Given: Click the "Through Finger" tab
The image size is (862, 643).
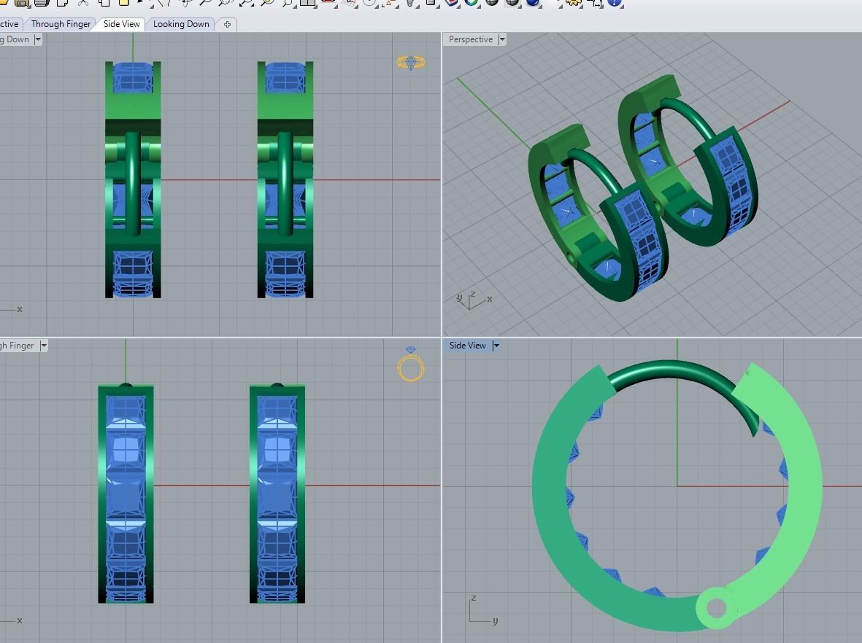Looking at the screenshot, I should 61,24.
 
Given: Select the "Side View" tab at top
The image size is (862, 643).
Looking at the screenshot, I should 121,24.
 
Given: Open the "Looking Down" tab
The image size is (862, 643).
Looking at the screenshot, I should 181,24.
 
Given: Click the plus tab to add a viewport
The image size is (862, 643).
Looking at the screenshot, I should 227,24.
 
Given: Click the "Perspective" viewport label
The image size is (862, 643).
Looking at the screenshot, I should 470,39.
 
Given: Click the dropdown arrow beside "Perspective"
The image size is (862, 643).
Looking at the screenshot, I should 503,39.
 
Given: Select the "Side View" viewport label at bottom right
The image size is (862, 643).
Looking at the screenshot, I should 467,346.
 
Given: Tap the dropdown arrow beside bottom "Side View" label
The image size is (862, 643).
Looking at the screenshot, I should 496,346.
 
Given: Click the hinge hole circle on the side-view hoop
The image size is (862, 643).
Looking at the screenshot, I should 716,607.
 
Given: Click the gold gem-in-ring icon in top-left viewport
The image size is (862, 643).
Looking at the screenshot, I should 411,63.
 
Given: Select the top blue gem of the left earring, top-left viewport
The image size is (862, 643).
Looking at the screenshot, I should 132,77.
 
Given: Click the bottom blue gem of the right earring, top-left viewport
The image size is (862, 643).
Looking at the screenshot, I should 285,273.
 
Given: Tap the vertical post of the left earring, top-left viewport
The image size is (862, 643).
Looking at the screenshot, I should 132,182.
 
